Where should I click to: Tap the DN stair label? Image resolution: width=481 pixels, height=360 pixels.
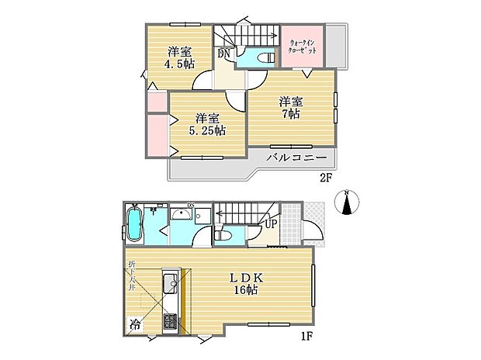coord(223,54)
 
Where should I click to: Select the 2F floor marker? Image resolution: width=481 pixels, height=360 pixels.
coord(326,177)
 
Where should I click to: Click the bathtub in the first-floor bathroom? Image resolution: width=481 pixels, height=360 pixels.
coord(134,226)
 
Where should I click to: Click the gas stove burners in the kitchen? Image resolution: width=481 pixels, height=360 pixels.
coord(169,320)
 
